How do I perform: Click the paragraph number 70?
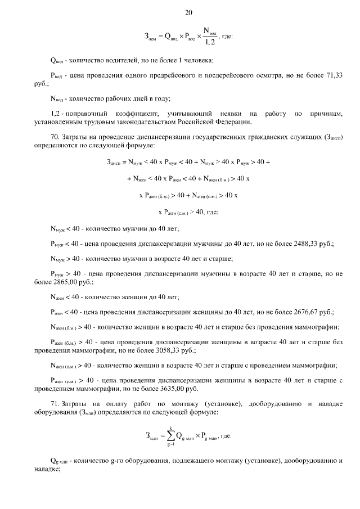pyautogui.click(x=55, y=136)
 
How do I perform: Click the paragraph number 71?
pyautogui.click(x=55, y=403)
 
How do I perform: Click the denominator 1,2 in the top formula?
pyautogui.click(x=210, y=42)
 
